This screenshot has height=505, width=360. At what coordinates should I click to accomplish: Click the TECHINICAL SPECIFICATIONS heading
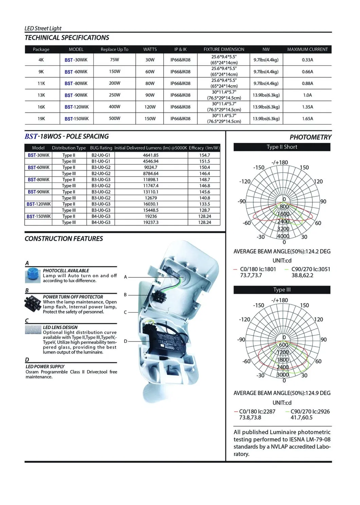(x=67, y=38)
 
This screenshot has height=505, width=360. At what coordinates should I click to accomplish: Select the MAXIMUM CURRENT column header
(x=307, y=49)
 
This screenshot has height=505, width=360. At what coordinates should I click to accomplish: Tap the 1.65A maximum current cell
(x=307, y=119)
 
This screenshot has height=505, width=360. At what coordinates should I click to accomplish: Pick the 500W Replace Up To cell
(x=114, y=119)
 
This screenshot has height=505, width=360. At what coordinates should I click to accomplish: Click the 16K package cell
(x=41, y=107)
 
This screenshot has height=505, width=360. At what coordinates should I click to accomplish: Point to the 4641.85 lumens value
(x=151, y=155)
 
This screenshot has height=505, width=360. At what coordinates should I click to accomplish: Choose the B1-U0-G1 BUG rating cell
(x=101, y=161)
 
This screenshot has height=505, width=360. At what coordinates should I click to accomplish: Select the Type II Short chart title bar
(x=282, y=147)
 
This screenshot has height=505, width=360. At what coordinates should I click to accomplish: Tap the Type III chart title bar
(x=282, y=290)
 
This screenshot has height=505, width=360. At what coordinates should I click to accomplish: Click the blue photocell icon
(x=33, y=275)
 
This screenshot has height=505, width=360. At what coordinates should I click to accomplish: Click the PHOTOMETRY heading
(x=310, y=137)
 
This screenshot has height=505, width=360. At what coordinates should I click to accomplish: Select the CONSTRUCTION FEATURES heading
(x=64, y=239)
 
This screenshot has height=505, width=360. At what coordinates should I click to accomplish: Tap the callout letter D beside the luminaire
(x=125, y=341)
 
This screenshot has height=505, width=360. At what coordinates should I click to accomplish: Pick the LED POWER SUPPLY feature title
(x=45, y=367)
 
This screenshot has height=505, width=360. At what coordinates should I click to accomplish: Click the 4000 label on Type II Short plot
(x=283, y=236)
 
